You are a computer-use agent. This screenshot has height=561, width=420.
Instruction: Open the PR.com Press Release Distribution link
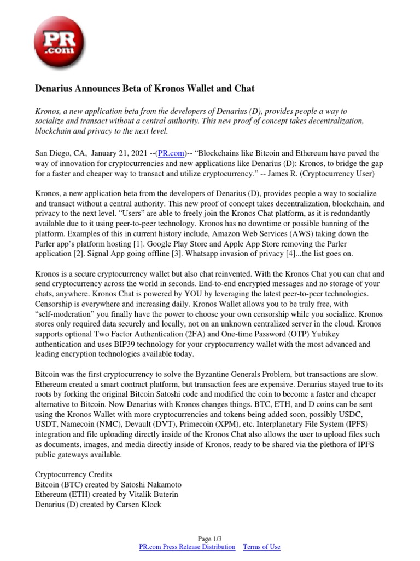[x=188, y=547]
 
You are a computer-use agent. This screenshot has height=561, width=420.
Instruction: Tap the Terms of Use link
[x=261, y=547]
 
